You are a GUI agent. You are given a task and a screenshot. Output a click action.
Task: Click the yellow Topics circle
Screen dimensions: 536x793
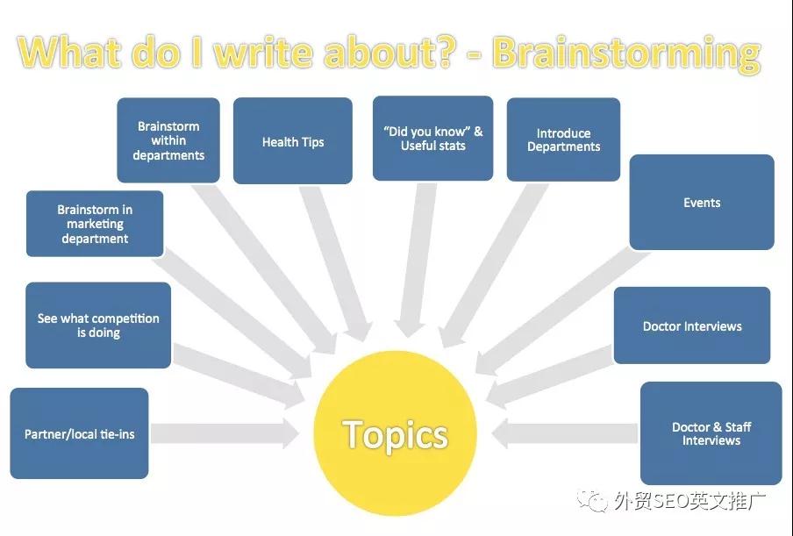[x=396, y=433]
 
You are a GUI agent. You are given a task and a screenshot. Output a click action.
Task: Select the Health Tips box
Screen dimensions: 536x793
[x=293, y=141]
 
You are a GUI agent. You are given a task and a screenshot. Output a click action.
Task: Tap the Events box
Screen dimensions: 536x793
[x=702, y=203]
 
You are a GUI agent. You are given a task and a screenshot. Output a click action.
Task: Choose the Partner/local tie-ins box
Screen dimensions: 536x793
[x=79, y=433]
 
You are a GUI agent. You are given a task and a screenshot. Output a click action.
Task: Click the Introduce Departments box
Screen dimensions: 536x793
[x=563, y=140]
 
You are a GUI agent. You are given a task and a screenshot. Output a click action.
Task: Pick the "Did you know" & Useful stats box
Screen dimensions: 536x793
[x=432, y=139]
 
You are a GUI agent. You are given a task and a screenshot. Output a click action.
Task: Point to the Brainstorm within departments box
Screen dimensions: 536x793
[x=168, y=140]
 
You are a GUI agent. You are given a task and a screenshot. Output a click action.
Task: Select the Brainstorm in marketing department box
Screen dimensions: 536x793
[x=95, y=224]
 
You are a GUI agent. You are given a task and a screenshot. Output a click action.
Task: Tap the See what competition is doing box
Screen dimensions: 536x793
[x=98, y=325]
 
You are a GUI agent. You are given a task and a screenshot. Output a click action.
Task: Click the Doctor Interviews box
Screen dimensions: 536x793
[x=692, y=326]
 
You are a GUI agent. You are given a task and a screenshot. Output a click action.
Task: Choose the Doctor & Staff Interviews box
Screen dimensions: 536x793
[x=711, y=433]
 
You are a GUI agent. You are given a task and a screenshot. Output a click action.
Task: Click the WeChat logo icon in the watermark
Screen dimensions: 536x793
[x=597, y=502]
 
